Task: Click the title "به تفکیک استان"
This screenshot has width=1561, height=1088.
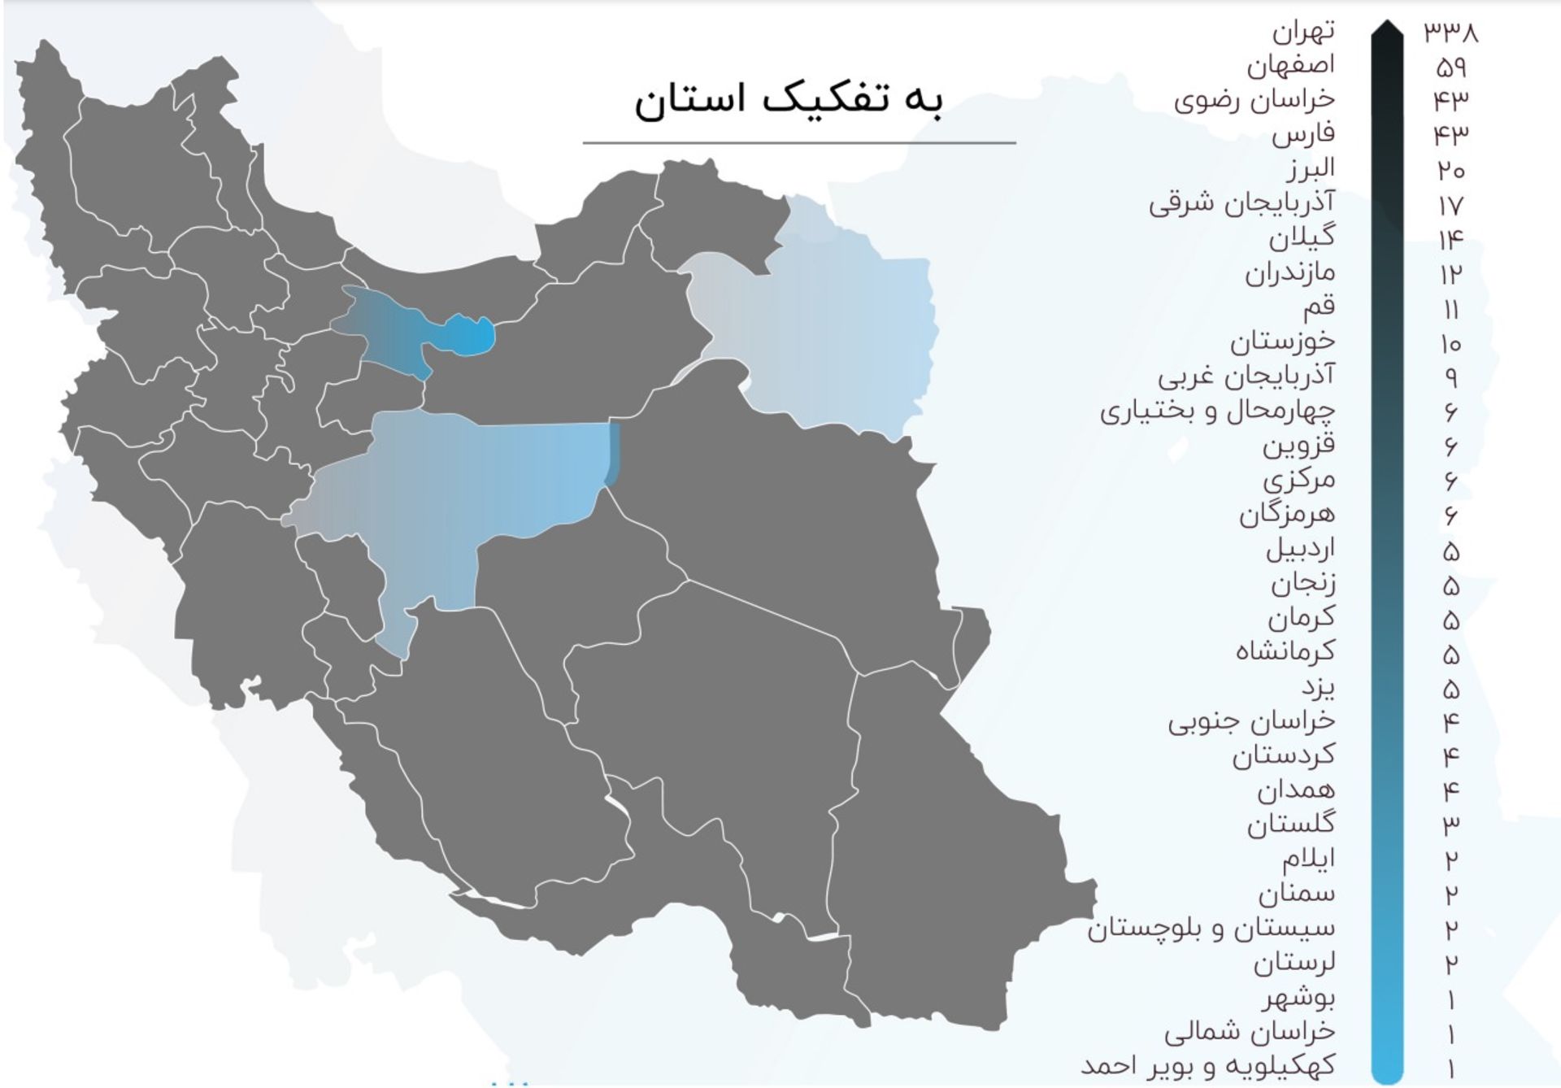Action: pos(789,101)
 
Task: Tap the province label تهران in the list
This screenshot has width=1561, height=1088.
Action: pos(1302,32)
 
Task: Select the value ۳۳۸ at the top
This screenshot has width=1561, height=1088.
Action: pos(1450,32)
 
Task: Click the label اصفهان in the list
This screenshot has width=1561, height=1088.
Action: pos(1290,65)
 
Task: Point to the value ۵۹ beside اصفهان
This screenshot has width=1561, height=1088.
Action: pos(1450,67)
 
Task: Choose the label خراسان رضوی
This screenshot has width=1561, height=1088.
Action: pos(1254,100)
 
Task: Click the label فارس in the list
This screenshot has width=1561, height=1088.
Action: pos(1303,134)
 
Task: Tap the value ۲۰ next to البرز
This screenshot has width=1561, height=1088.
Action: pos(1450,169)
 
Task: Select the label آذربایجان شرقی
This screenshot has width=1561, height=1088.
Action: pos(1241,202)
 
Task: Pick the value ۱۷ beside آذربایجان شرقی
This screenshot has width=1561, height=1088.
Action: pos(1450,204)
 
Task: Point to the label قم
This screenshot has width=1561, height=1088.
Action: pos(1318,307)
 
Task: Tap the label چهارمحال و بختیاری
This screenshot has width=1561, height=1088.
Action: pos(1217,411)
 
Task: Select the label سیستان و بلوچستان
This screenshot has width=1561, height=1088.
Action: pos(1211,928)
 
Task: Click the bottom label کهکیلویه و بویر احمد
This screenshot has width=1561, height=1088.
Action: pos(1208,1065)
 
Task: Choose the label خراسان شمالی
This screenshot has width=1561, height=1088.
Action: pos(1249,1031)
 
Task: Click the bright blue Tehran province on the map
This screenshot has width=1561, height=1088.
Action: pos(472,336)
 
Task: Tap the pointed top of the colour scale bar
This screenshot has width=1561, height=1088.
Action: pos(1387,33)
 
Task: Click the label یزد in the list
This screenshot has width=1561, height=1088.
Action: pos(1317,687)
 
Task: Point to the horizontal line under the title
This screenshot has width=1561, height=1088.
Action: pos(799,143)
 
